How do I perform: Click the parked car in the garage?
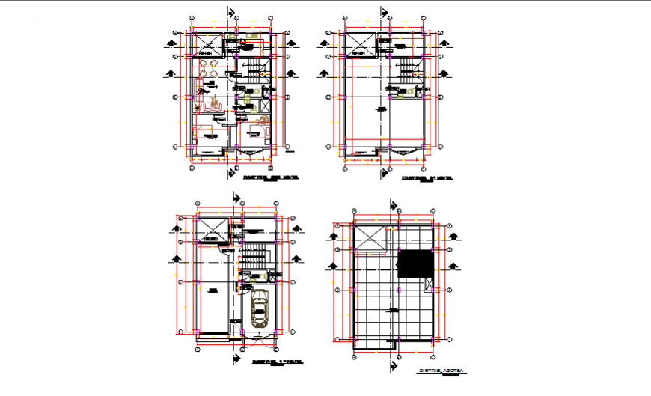coord(260,308)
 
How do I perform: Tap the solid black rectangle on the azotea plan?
coord(415,264)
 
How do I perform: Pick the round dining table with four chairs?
coord(209,70)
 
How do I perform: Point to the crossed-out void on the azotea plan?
coord(369,238)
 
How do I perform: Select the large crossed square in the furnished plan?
coord(207,44)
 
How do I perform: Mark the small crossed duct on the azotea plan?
coord(428,284)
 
